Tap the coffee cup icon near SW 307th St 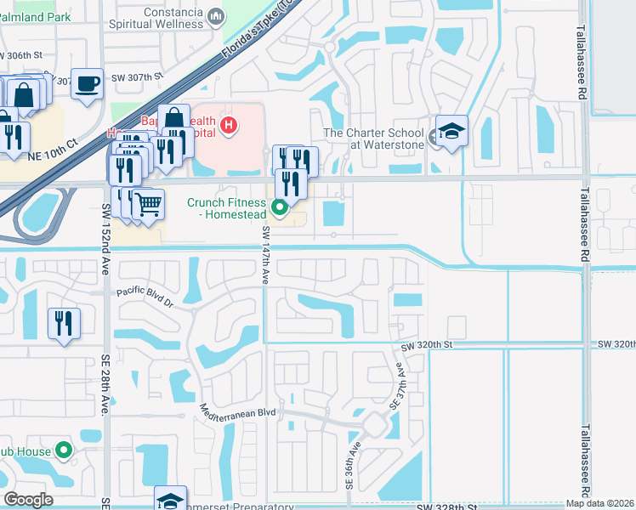[x=87, y=83]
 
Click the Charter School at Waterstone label [x=374, y=139]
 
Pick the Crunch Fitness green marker [x=279, y=207]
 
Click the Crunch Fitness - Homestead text [x=226, y=208]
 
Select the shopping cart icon [x=148, y=204]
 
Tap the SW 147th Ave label [x=265, y=255]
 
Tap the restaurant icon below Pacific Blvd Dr [x=64, y=323]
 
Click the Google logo [x=28, y=500]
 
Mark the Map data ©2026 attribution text [x=600, y=503]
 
